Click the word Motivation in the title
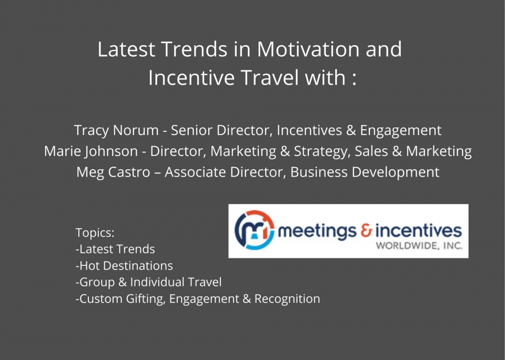click(308, 49)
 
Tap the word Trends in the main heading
click(194, 49)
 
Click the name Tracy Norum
click(116, 130)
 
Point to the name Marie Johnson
click(91, 151)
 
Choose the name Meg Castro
click(113, 172)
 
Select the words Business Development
click(365, 173)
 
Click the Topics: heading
click(95, 233)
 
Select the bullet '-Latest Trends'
click(115, 249)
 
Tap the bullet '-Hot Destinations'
click(124, 266)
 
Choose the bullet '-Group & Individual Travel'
click(148, 282)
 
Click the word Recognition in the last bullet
click(287, 299)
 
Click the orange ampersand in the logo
click(366, 231)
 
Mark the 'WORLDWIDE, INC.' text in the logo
click(419, 246)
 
